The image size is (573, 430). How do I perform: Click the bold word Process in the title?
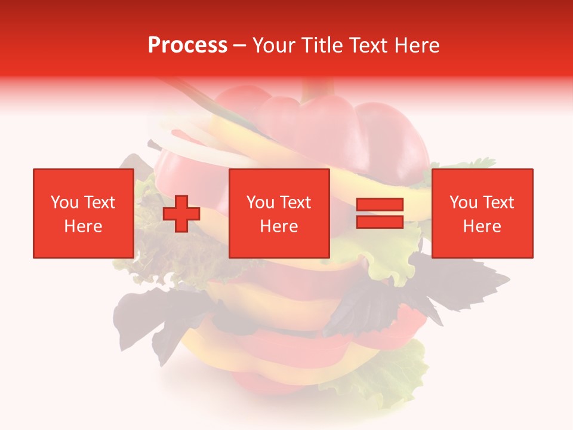click(187, 45)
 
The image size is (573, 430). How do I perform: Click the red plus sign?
click(181, 214)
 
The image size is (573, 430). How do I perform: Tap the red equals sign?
click(380, 214)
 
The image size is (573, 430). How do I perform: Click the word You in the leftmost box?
click(64, 202)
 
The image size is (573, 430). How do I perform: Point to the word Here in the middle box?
click(279, 226)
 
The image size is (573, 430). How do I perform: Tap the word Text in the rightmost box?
click(499, 202)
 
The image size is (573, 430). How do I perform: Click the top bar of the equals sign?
click(380, 205)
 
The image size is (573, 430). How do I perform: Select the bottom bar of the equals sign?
click(380, 222)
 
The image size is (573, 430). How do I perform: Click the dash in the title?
click(240, 45)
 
